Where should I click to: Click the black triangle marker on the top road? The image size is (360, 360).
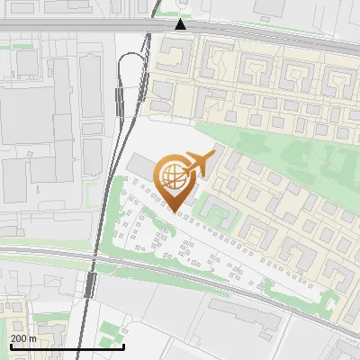[x=181, y=23]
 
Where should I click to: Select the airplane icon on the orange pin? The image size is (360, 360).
[x=200, y=162]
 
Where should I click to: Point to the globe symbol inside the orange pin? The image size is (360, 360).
[x=172, y=173]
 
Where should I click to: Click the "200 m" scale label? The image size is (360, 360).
[x=23, y=338]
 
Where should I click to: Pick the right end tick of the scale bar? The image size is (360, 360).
[x=123, y=345]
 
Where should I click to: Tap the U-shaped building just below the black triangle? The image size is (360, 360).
[x=179, y=57]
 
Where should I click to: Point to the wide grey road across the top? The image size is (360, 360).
[x=90, y=39]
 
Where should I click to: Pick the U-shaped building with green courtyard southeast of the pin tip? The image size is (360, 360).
[x=219, y=213]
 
